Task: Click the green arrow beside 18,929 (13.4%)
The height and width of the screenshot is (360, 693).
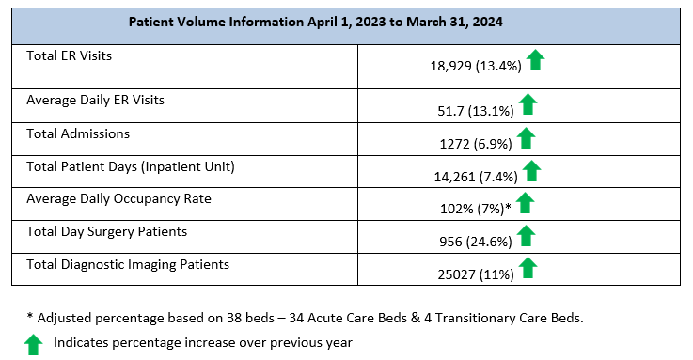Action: [x=535, y=61]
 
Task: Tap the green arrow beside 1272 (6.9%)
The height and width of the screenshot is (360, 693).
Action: [x=526, y=138]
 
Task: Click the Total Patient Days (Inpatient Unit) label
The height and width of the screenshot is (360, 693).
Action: [x=130, y=167]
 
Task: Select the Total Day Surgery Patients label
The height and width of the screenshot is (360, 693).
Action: [x=107, y=231]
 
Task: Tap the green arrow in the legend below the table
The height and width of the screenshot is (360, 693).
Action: [x=34, y=344]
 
